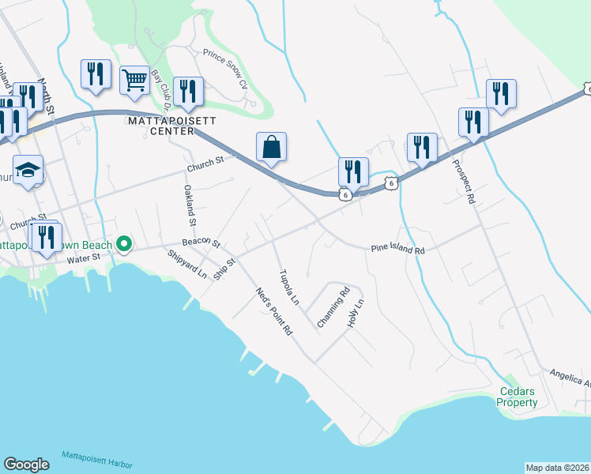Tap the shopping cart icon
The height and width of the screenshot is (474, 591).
[x=134, y=79]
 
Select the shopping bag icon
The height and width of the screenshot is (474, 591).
[x=271, y=146]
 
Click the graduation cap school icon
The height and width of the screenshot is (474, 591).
[x=28, y=171]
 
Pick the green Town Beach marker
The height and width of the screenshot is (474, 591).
[x=123, y=244]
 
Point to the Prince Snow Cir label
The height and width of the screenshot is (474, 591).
[x=225, y=68]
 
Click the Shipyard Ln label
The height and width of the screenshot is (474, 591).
[x=187, y=265]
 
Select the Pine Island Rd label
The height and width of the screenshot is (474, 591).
[x=398, y=250]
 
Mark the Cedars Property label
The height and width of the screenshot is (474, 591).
[x=518, y=397]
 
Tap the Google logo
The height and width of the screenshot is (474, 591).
[x=26, y=465]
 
